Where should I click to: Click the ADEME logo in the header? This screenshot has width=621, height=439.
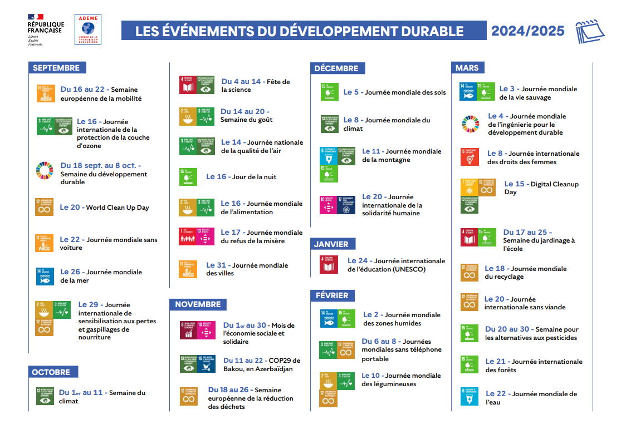point(87,30)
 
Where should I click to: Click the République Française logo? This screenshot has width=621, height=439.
point(46,30)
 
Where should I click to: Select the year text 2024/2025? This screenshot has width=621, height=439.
point(527,31)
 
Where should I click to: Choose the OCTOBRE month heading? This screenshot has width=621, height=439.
point(53,372)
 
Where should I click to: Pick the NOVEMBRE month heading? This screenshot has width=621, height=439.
point(198,304)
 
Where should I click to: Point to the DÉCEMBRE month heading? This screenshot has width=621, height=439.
point(338,68)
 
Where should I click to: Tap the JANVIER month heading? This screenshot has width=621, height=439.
point(332,244)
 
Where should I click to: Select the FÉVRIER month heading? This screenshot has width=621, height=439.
point(332,295)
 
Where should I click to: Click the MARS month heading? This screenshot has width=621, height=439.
point(467,68)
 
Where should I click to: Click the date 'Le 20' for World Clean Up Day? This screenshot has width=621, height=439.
point(70,208)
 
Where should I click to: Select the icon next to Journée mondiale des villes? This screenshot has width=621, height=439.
point(188,269)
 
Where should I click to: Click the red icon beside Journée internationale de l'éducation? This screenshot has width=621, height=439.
point(329,264)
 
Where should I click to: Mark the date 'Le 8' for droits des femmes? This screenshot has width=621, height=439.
point(495,154)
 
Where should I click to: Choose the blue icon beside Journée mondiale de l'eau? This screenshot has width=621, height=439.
point(470,396)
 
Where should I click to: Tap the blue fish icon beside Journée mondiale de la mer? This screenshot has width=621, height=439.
point(45,276)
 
